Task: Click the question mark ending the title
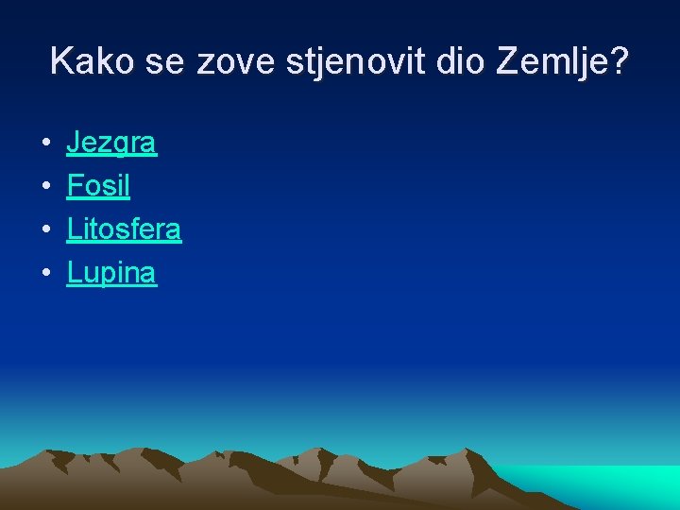(x=619, y=61)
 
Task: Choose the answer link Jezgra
(x=111, y=144)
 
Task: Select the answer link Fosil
(x=98, y=186)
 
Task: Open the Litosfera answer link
(x=124, y=229)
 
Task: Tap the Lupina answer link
(x=111, y=273)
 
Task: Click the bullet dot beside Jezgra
(x=44, y=144)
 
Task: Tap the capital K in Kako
(x=61, y=61)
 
